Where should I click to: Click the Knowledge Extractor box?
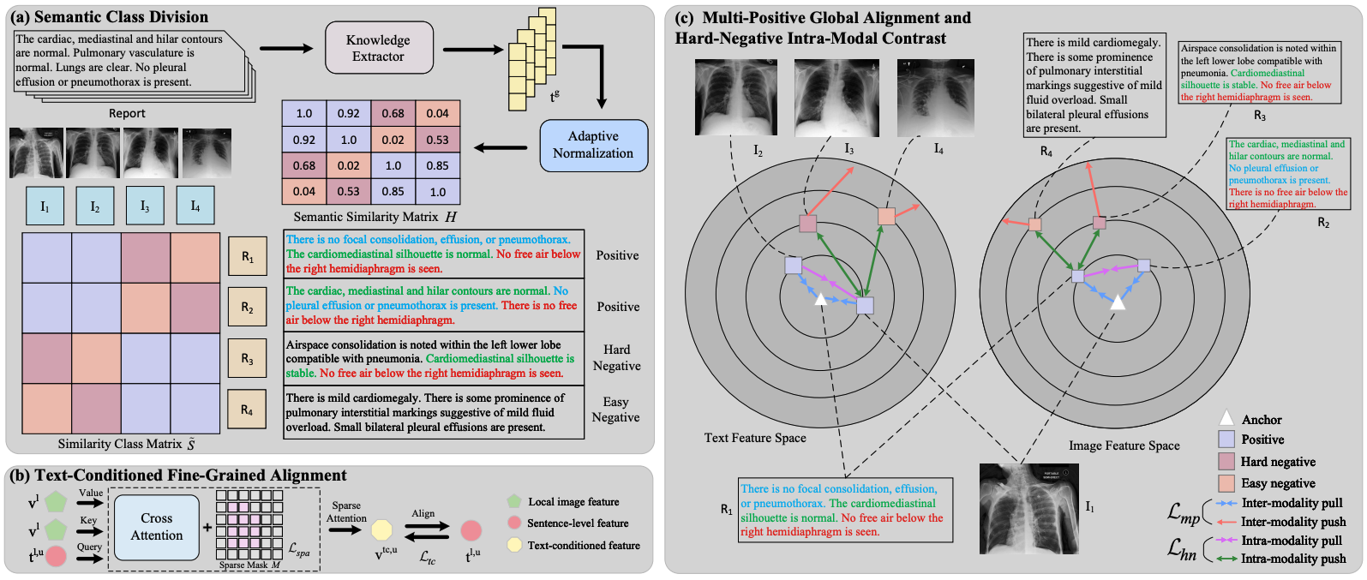[378, 48]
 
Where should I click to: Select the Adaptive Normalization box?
[592, 145]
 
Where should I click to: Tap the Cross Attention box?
[157, 527]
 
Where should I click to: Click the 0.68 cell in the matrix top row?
[393, 113]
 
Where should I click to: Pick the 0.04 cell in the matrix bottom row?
[304, 191]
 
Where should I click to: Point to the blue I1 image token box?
[45, 206]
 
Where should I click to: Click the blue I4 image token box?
[195, 206]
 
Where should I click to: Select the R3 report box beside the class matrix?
[247, 359]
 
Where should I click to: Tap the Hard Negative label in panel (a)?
[616, 357]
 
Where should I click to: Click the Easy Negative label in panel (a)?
[615, 410]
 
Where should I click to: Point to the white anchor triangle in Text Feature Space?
[820, 298]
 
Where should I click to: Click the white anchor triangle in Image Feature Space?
[1117, 302]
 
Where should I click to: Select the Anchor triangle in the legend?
[1226, 418]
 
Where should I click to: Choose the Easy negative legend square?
[1226, 483]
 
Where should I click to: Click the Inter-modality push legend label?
[1292, 522]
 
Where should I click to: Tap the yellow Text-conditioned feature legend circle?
[513, 545]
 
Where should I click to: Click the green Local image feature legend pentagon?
[513, 501]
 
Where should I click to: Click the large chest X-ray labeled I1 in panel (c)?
[1028, 509]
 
